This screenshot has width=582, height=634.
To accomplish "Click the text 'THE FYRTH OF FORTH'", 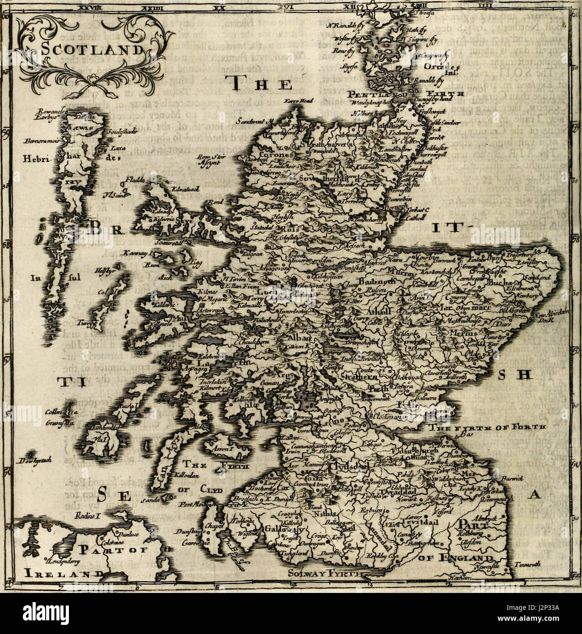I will pyautogui.click(x=488, y=427).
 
